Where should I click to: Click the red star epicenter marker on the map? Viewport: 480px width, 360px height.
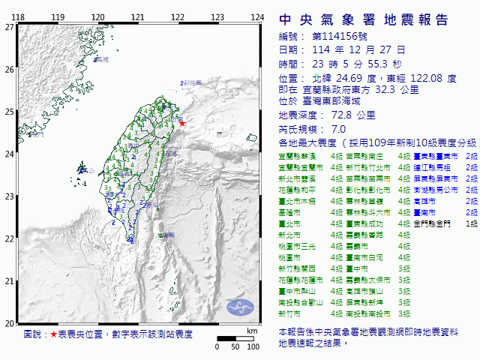tap(182, 123)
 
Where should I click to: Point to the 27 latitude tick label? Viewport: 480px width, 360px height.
tap(9, 26)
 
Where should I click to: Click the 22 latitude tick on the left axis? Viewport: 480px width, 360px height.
tap(9, 238)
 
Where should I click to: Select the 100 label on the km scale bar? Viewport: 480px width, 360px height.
tap(253, 346)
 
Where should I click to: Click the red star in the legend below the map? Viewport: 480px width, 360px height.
tap(53, 334)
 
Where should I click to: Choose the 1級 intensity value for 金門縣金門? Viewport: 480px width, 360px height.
tap(472, 223)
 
